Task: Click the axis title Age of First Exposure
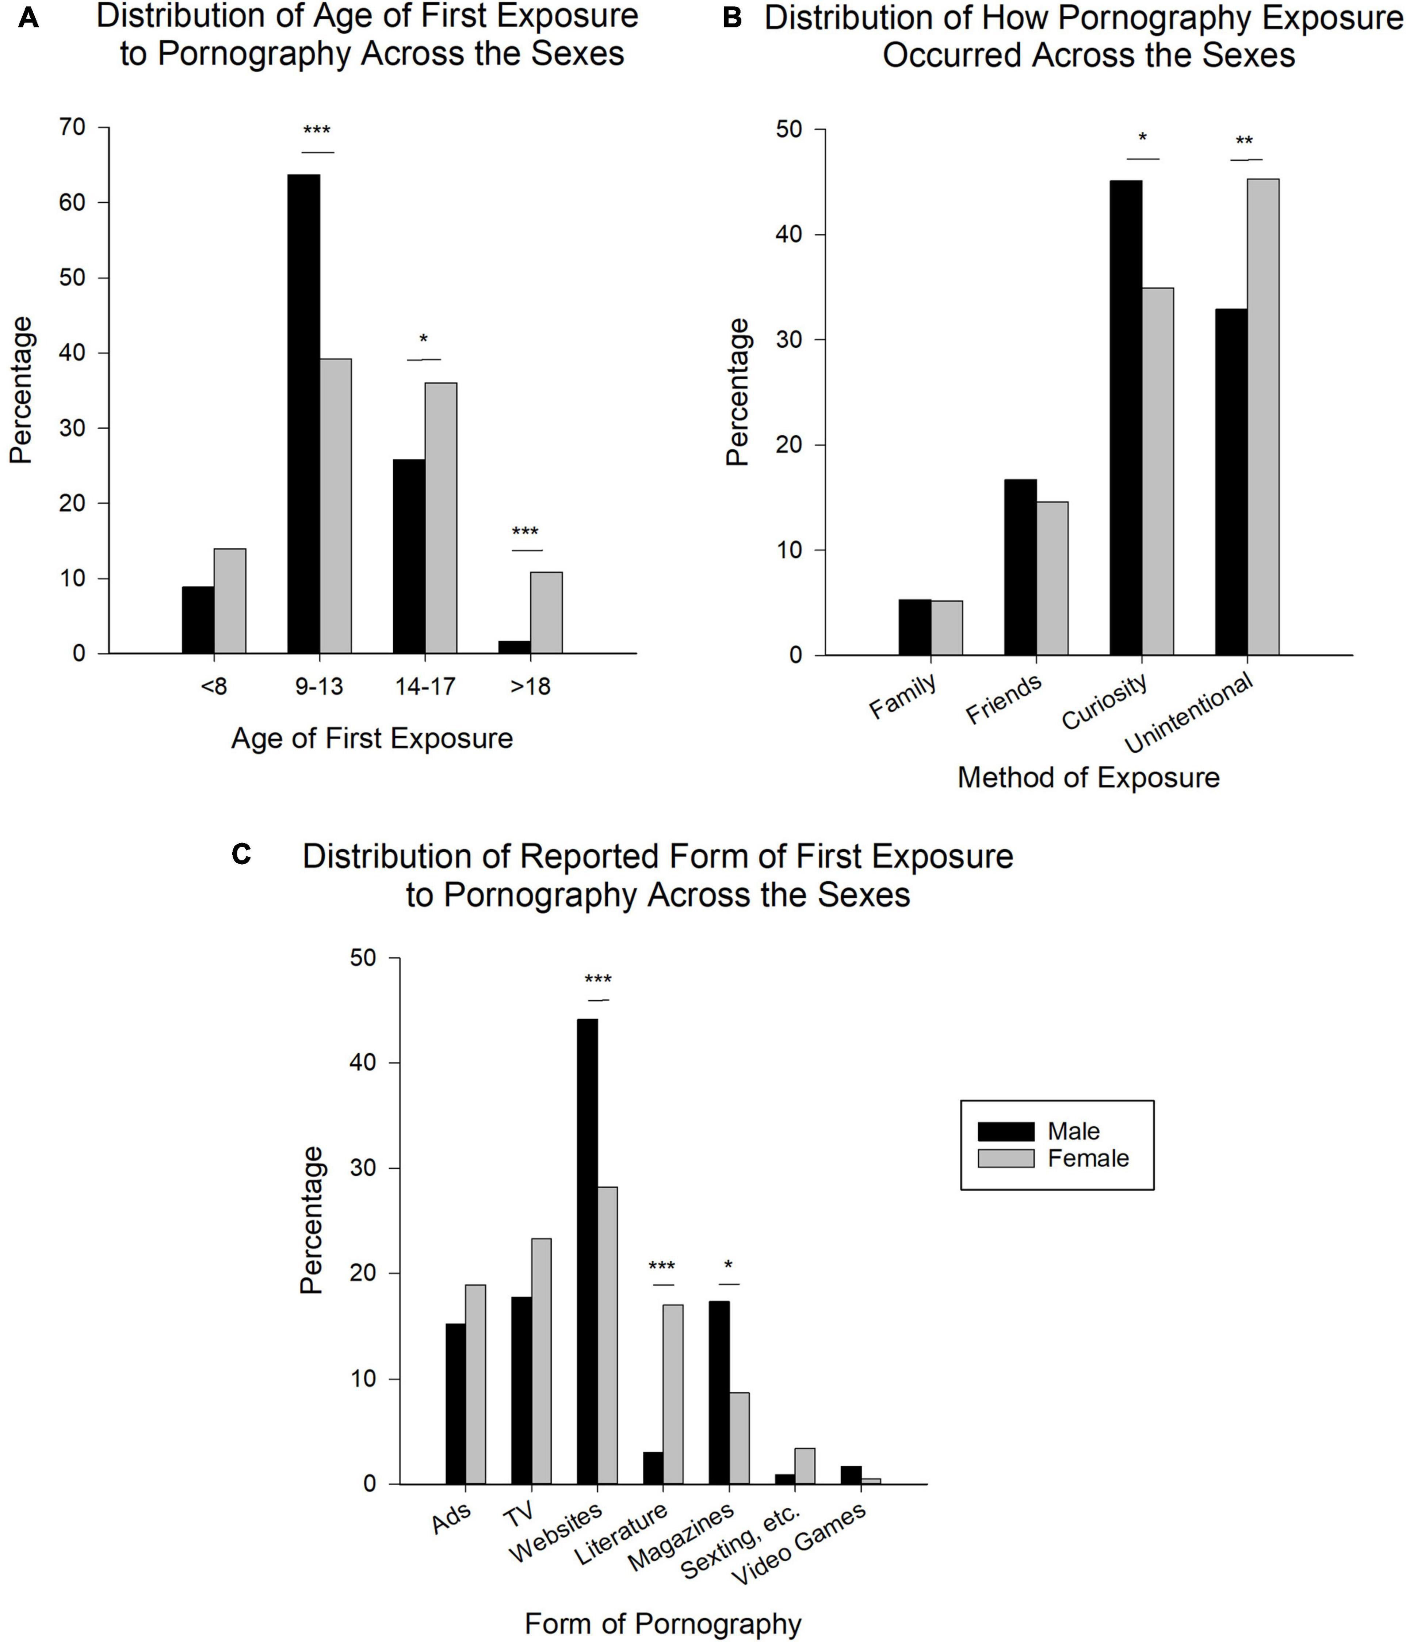click(372, 738)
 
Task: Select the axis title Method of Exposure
click(1088, 778)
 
